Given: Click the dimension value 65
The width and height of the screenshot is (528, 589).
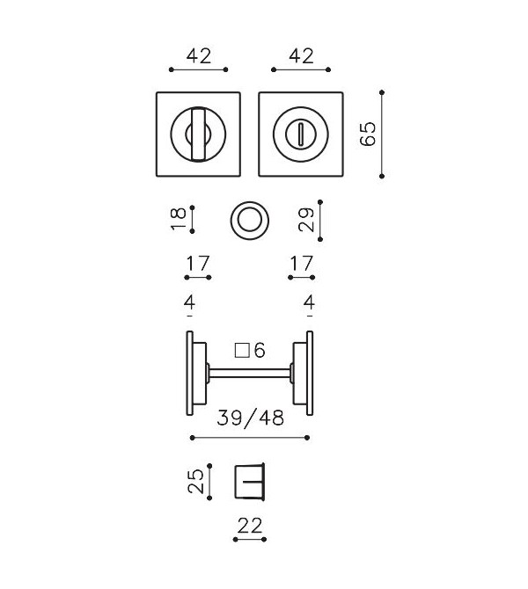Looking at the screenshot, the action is (x=368, y=134).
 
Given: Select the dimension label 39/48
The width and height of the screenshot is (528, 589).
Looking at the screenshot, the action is (x=251, y=418).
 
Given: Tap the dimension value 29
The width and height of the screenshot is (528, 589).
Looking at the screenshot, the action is (x=305, y=220).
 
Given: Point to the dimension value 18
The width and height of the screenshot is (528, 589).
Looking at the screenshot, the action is (x=178, y=218).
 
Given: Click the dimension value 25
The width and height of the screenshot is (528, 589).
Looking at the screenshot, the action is (x=196, y=482).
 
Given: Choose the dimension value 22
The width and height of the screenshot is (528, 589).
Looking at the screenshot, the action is (x=250, y=526).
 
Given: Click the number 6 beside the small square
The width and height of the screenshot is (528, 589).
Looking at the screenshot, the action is (x=260, y=351).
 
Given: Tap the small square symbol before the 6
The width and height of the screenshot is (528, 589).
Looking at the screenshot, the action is (x=243, y=351).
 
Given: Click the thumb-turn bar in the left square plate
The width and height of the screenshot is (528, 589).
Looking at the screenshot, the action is (x=198, y=135).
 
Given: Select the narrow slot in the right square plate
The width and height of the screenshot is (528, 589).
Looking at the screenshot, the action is (x=300, y=135).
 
